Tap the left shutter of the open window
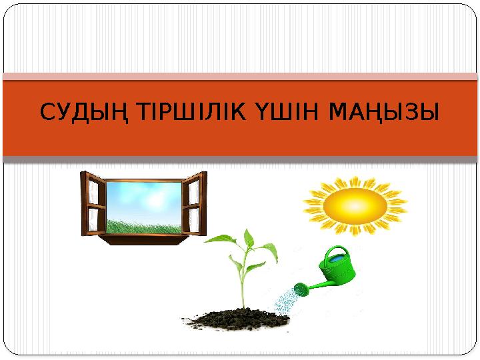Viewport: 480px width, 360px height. (x=94, y=204)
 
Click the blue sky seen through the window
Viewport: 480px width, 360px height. (x=143, y=197)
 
